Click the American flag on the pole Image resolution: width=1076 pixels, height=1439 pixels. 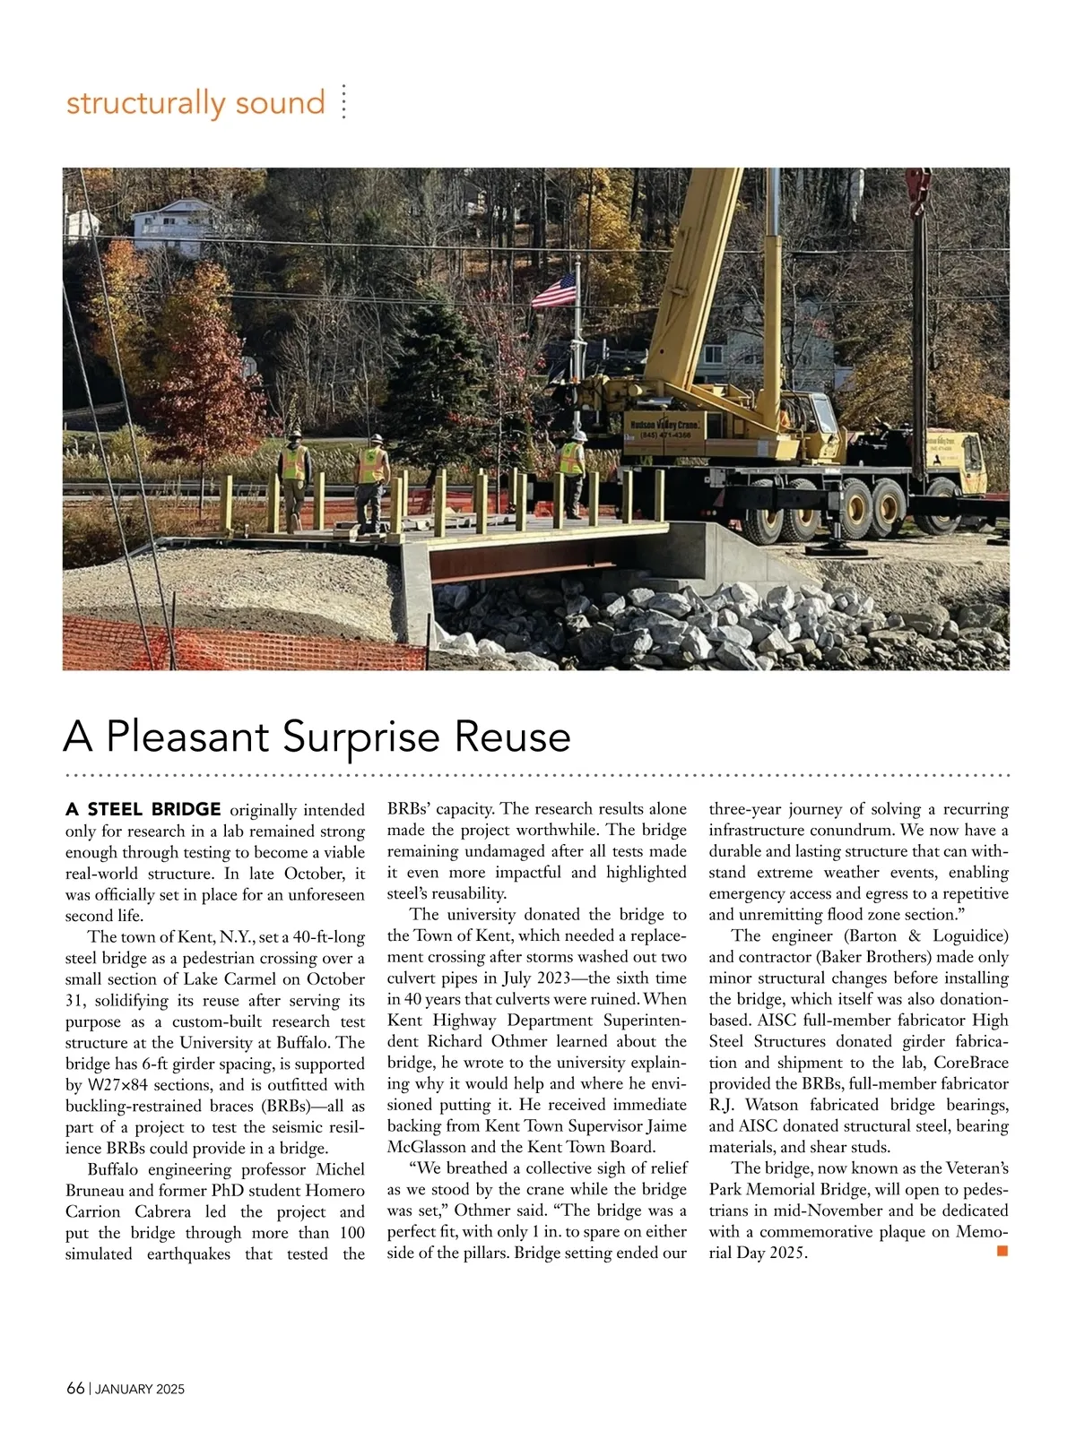[x=556, y=290]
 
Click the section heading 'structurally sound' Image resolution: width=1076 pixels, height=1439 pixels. [x=195, y=103]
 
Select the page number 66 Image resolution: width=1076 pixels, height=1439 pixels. [x=75, y=1389]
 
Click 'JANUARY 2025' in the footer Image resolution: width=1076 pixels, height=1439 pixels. [x=140, y=1390]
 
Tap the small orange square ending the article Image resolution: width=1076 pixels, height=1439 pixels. [x=1002, y=1250]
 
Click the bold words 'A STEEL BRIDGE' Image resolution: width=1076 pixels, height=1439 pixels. [x=143, y=810]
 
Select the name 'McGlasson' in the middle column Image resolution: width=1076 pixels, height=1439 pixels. [x=429, y=1148]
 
